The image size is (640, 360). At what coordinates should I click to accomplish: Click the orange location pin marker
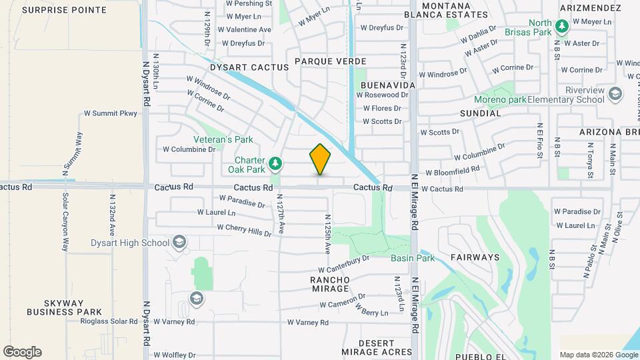click(x=320, y=159)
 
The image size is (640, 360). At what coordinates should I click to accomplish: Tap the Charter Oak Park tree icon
click(x=275, y=163)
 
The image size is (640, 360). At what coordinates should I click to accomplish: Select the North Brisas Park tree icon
click(x=562, y=26)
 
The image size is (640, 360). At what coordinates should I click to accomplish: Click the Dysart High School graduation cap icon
click(x=179, y=241)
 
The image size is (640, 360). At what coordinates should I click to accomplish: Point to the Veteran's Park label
click(x=223, y=140)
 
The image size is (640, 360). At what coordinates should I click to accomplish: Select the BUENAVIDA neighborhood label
click(x=387, y=85)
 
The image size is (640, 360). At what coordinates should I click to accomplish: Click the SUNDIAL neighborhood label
click(x=480, y=113)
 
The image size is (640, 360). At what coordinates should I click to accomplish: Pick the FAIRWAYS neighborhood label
click(x=475, y=257)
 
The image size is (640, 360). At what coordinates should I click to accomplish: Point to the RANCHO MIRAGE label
click(x=330, y=284)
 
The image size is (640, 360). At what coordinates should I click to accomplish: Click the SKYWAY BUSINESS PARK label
click(x=64, y=307)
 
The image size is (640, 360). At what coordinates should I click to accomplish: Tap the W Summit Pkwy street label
click(x=110, y=113)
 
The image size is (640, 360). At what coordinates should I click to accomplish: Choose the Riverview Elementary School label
click(x=565, y=95)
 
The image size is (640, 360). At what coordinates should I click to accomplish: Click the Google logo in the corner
click(x=22, y=352)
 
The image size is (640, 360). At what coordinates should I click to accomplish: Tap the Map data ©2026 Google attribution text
click(x=597, y=355)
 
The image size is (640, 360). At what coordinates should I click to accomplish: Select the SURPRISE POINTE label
click(x=64, y=10)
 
